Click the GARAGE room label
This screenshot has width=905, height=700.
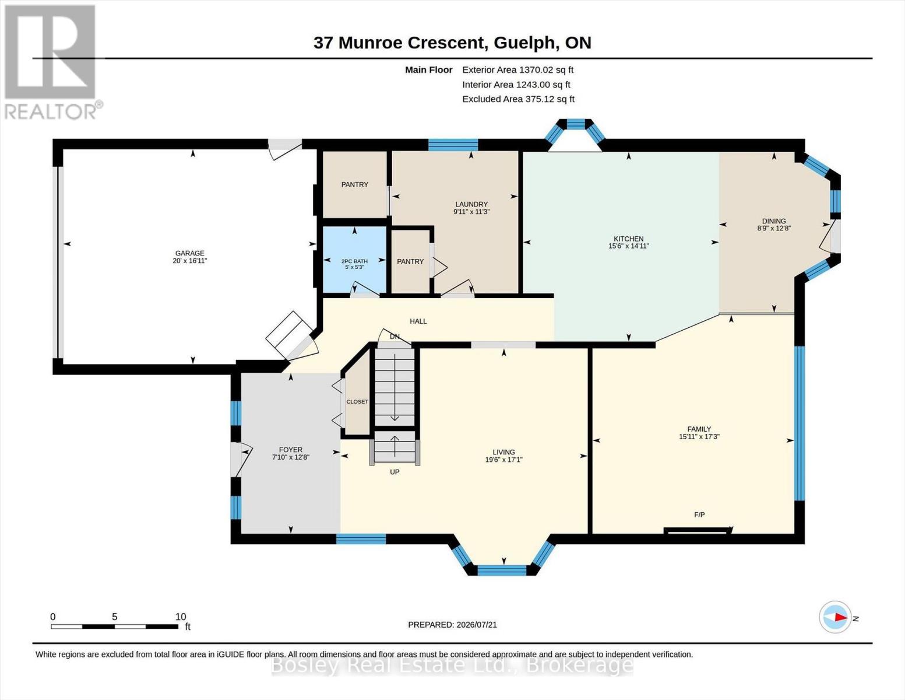click(x=189, y=253)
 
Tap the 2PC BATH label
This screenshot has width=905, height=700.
click(x=354, y=261)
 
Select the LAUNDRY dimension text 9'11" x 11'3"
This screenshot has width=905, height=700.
click(x=471, y=212)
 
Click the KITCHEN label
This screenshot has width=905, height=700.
click(x=628, y=239)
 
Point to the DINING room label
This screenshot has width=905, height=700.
click(x=774, y=222)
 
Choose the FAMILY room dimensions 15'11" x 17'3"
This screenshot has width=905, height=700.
click(x=699, y=436)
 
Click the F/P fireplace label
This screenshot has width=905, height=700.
click(x=699, y=515)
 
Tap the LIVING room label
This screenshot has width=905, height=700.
click(x=503, y=452)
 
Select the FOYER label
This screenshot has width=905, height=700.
click(x=291, y=449)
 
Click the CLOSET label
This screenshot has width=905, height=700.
click(x=357, y=401)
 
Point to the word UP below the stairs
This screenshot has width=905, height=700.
click(x=395, y=472)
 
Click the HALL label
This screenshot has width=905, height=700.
click(x=418, y=321)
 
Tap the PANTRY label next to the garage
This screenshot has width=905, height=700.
click(x=354, y=184)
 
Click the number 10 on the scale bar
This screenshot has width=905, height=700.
click(x=180, y=617)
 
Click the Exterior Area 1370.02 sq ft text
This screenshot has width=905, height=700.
click(x=517, y=70)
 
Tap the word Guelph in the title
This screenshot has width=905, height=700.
click(x=526, y=43)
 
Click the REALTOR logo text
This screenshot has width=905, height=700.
click(x=51, y=111)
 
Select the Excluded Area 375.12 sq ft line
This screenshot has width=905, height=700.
click(x=518, y=99)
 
